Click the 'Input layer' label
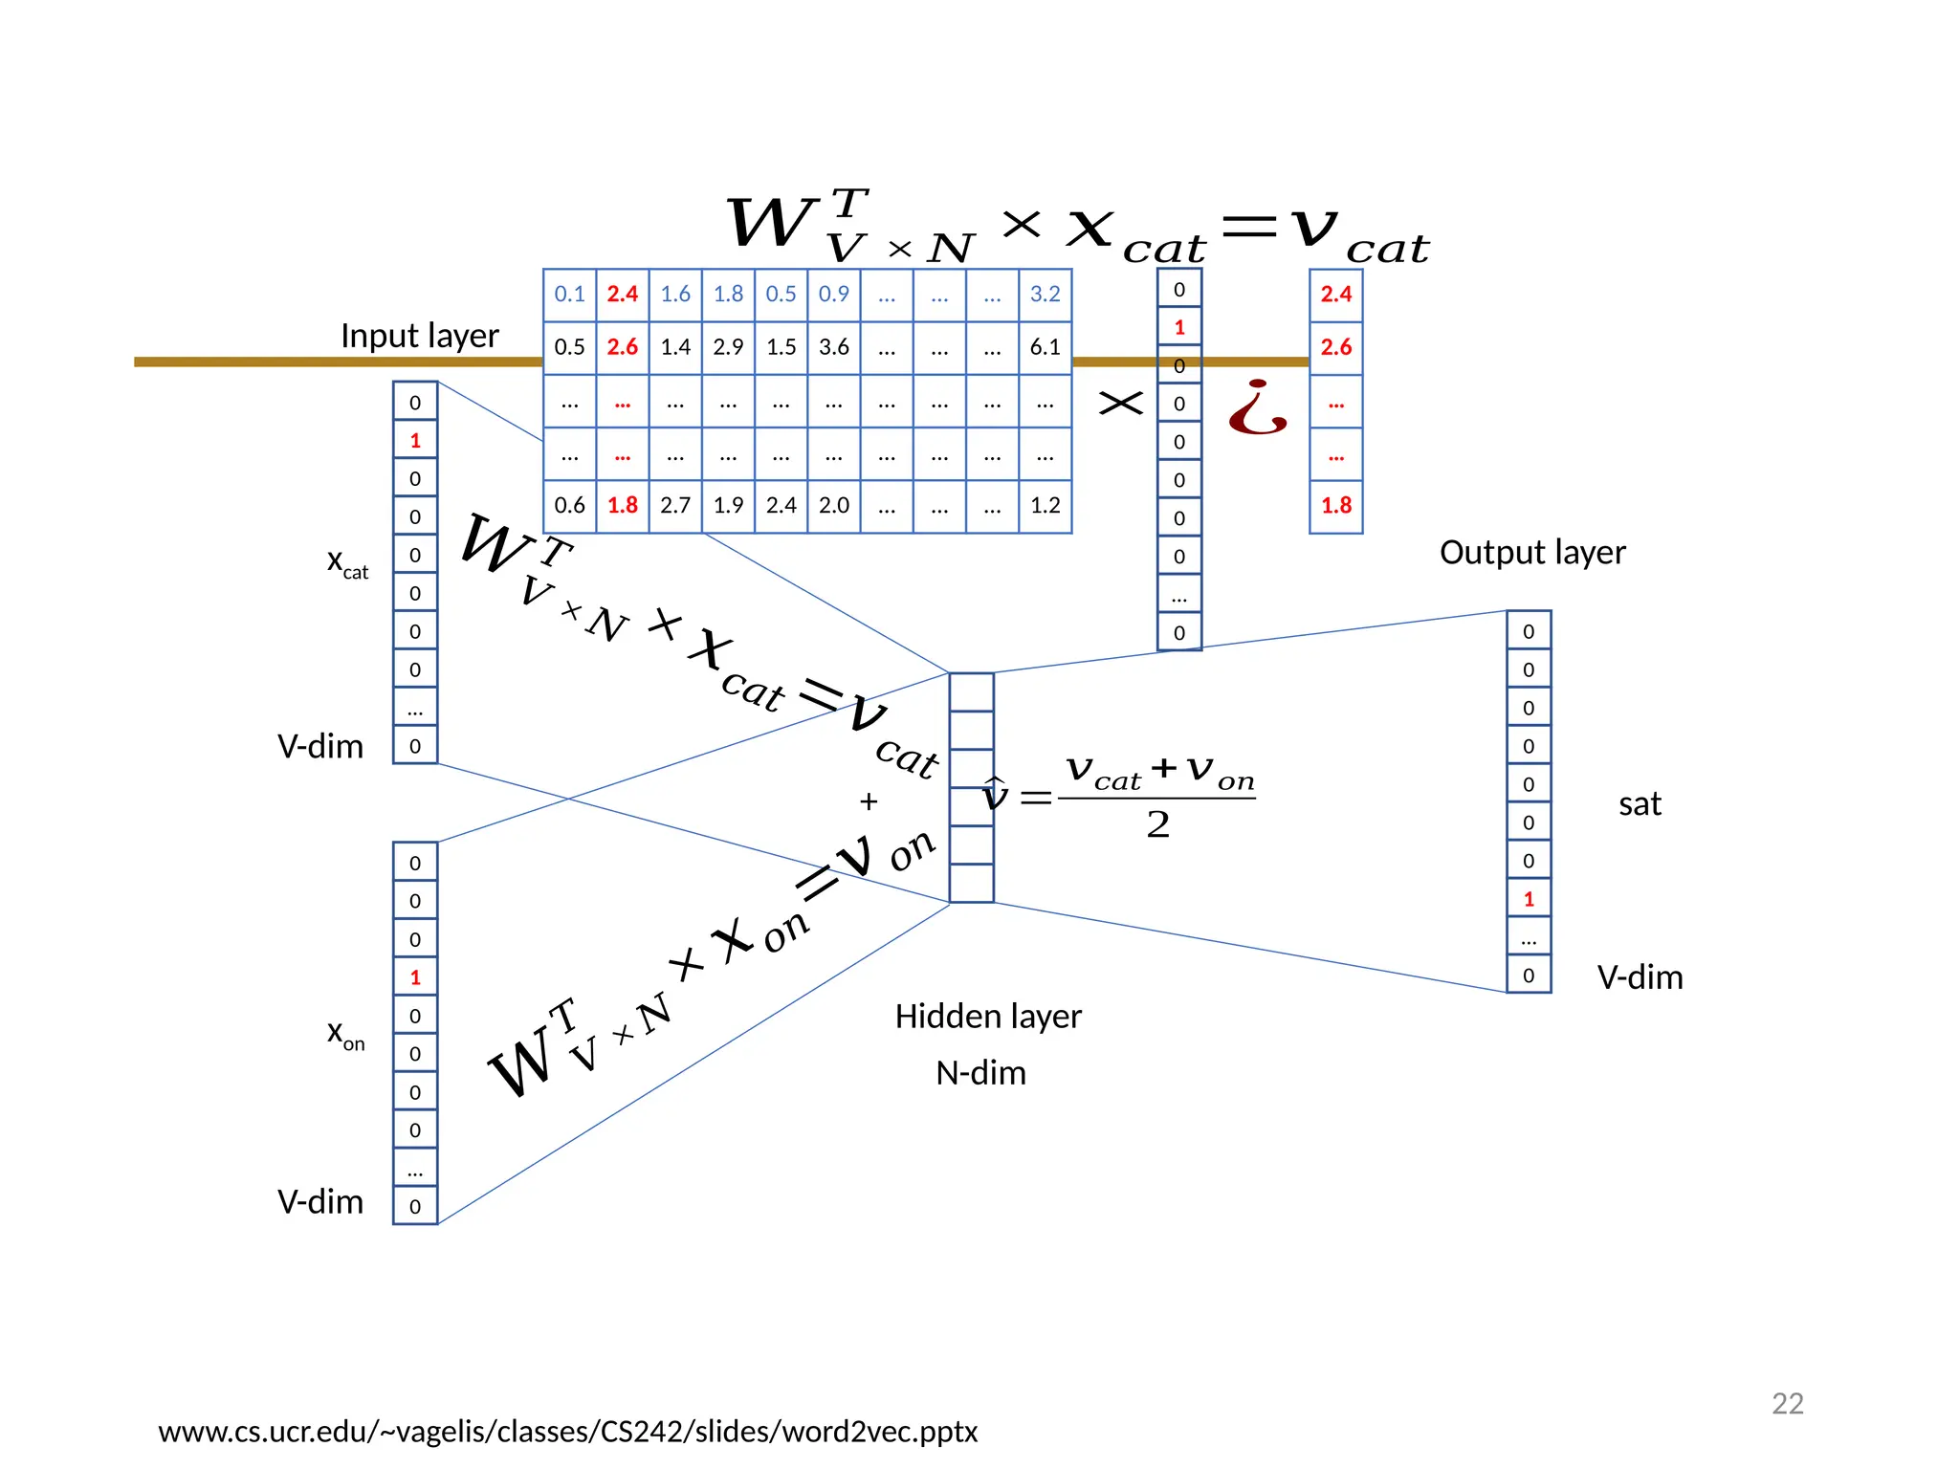[419, 336]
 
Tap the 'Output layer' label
[1531, 553]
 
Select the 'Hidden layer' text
[987, 1017]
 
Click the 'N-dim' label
[980, 1073]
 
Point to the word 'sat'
[1639, 804]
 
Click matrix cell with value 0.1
[569, 295]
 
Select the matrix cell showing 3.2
[1045, 295]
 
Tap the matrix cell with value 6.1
[1045, 347]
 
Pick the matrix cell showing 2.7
[675, 506]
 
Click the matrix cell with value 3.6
[833, 347]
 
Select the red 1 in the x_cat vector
[415, 441]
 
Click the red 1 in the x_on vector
[415, 977]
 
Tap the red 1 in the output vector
[1529, 899]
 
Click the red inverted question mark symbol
[1257, 408]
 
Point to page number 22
[1787, 1403]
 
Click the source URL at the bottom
[567, 1432]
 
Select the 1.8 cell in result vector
[1335, 506]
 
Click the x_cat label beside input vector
[347, 562]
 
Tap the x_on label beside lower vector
[345, 1034]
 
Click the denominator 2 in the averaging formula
[1157, 824]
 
